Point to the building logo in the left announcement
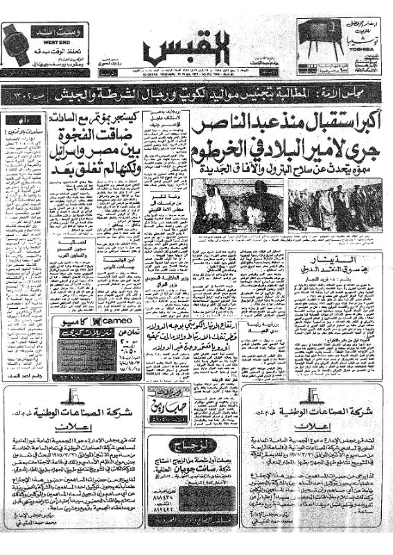coord(73,397)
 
